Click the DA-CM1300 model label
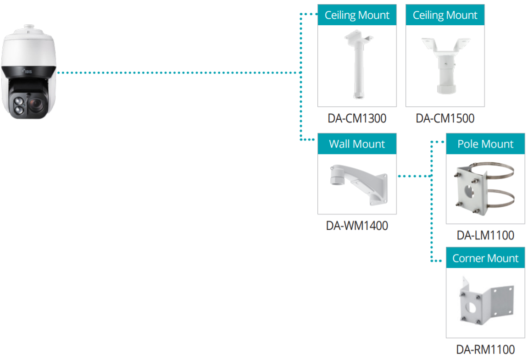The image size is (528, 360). (357, 118)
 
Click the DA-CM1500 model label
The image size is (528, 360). (445, 118)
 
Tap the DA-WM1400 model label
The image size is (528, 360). (357, 226)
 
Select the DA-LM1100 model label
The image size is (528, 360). (485, 235)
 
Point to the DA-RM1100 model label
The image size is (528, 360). (485, 349)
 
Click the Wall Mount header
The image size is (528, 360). (357, 144)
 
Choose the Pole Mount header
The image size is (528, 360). (485, 144)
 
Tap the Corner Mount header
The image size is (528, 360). (485, 258)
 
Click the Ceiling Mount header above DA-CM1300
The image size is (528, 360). (357, 15)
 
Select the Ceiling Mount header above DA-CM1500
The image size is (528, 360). (445, 15)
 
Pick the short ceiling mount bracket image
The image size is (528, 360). (446, 66)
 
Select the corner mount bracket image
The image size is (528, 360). (486, 301)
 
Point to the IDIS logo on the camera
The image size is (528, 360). (28, 72)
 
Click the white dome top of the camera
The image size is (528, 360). (28, 47)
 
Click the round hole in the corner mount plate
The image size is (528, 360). (471, 307)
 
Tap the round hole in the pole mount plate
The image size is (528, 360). (469, 192)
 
